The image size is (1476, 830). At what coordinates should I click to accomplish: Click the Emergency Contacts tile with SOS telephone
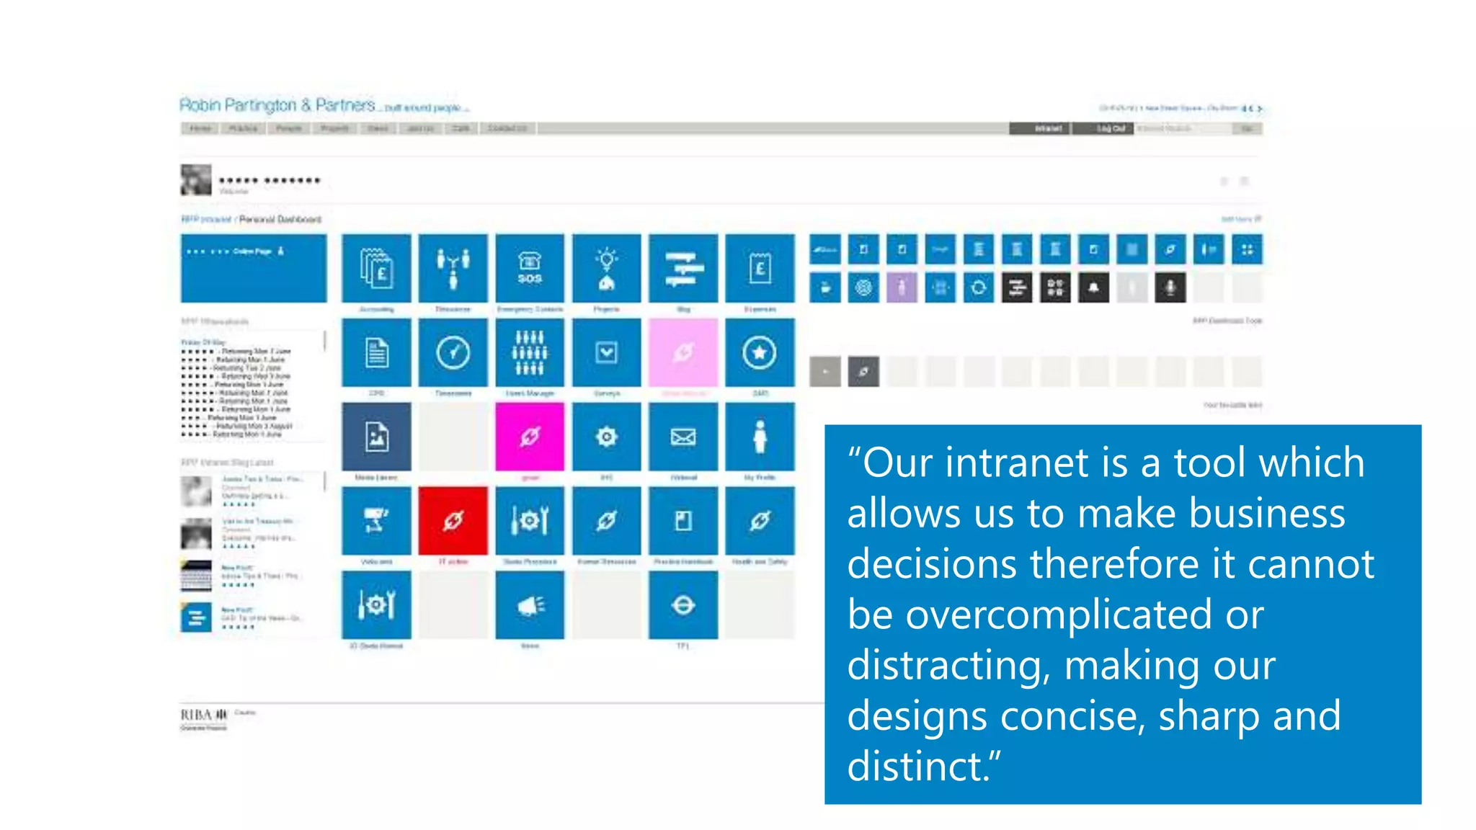530,269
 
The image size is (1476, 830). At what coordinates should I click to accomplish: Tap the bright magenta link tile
530,437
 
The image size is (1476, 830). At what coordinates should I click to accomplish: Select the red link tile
453,521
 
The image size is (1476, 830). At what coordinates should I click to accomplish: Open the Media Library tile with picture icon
376,437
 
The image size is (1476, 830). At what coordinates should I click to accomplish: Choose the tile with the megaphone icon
530,605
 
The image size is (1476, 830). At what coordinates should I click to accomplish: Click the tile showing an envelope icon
683,437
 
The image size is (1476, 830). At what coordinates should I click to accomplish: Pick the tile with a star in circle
760,353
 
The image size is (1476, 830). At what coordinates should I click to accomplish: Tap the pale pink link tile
683,353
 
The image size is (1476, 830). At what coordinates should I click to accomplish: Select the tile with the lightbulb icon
607,269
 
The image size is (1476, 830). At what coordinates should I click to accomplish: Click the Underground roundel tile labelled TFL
683,605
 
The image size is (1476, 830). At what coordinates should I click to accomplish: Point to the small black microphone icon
1170,288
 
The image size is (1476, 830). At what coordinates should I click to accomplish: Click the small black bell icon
1093,288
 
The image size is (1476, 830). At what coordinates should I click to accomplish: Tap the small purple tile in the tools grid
902,288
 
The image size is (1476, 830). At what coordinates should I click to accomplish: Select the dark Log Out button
1111,128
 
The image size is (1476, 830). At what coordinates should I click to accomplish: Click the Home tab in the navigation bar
200,128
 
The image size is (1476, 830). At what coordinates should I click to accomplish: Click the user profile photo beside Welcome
196,180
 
